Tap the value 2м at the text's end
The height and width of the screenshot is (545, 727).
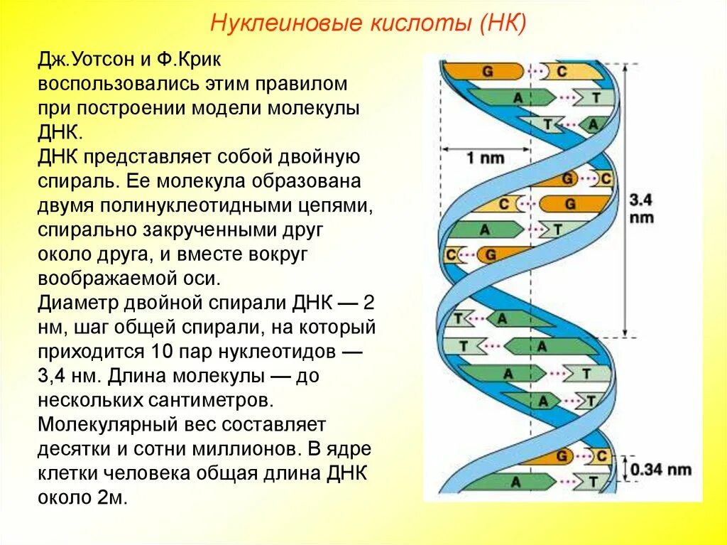tap(112, 498)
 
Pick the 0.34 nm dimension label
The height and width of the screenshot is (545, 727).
tap(661, 470)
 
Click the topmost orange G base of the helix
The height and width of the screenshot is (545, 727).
tap(488, 71)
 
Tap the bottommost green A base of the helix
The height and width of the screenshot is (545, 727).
tap(515, 481)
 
